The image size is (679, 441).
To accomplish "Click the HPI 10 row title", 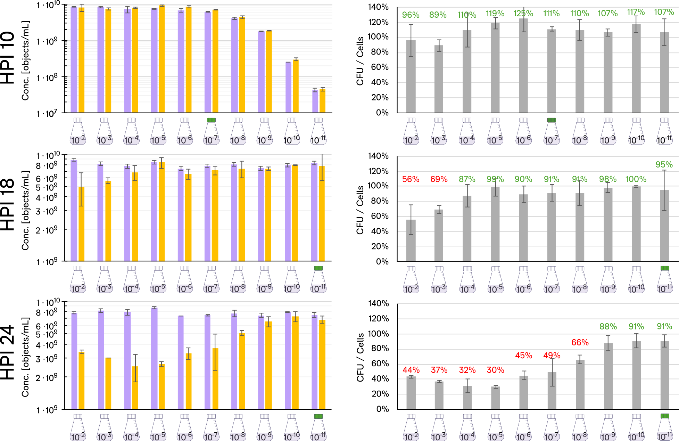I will [8, 58].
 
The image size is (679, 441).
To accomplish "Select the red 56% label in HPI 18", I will [411, 179].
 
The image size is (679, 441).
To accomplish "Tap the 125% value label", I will [523, 14].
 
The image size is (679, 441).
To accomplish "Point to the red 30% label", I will [495, 370].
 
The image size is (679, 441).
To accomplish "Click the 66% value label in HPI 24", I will [580, 343].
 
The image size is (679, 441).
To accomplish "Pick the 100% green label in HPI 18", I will [636, 179].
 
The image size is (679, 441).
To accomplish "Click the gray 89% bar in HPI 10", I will [439, 80].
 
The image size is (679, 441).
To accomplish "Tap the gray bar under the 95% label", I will [664, 226].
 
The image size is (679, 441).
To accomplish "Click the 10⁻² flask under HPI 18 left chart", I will [78, 280].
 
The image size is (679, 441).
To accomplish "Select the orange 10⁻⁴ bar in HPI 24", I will [135, 387].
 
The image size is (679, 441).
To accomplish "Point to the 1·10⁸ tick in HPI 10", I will [47, 77].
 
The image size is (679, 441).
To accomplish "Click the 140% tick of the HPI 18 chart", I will [378, 156].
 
